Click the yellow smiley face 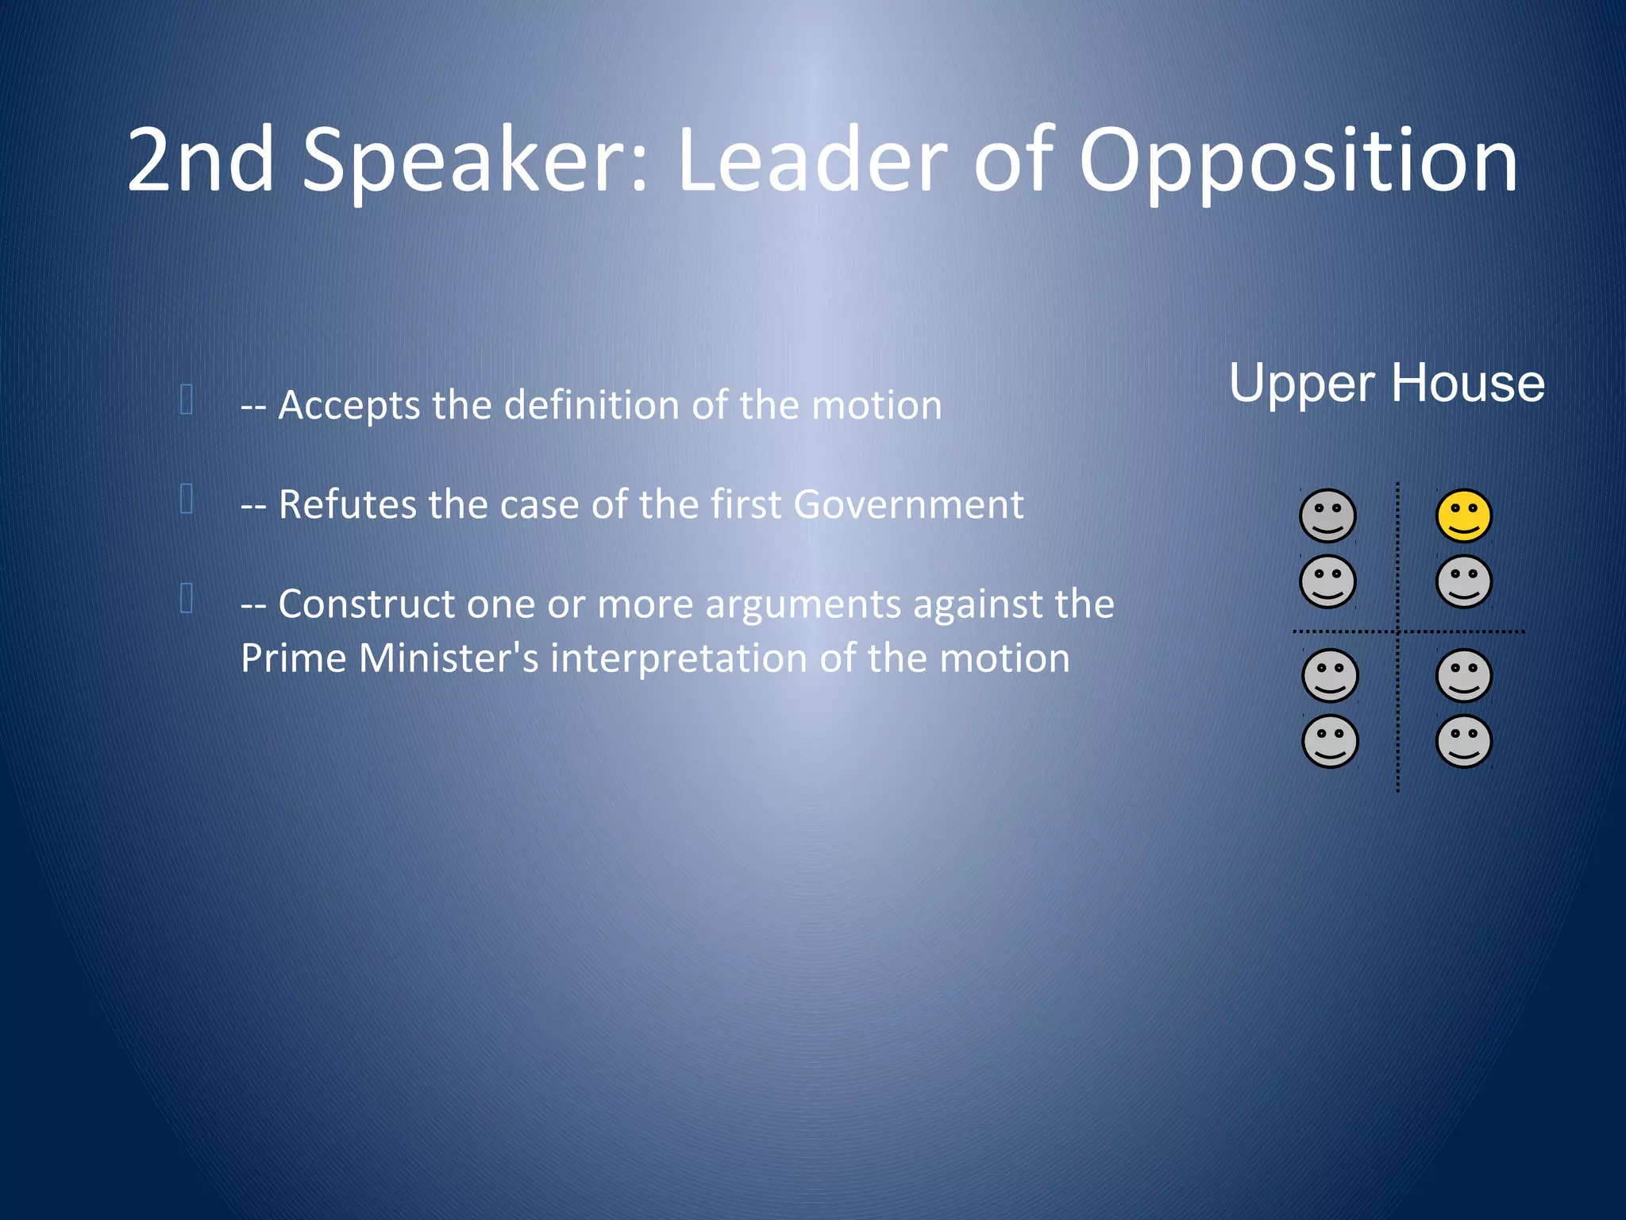pyautogui.click(x=1464, y=516)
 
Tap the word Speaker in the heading pyautogui.click(x=476, y=161)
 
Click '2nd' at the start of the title pyautogui.click(x=201, y=161)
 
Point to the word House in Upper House pyautogui.click(x=1468, y=384)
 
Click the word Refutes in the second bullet pyautogui.click(x=348, y=504)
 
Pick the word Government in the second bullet pyautogui.click(x=908, y=504)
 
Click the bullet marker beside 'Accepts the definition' pyautogui.click(x=187, y=400)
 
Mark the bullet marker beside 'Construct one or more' pyautogui.click(x=187, y=598)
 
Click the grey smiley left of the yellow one pyautogui.click(x=1327, y=516)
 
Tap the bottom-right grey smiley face pyautogui.click(x=1464, y=741)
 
